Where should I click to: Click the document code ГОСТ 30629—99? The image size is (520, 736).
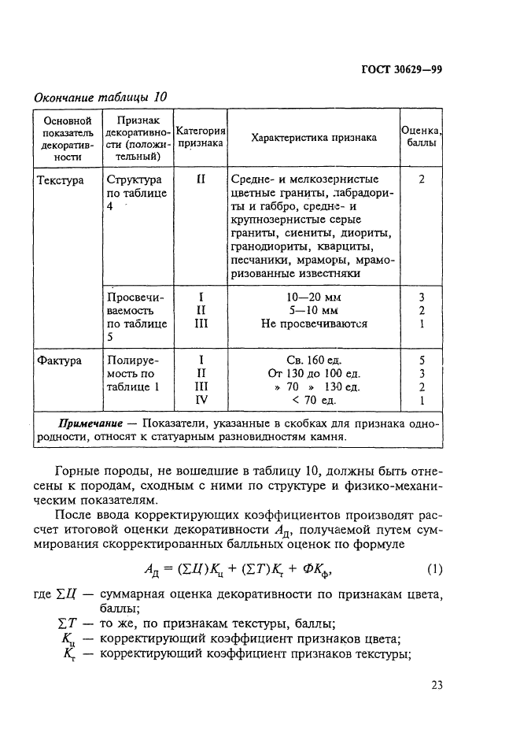tap(401, 69)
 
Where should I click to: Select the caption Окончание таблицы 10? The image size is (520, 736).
tap(100, 98)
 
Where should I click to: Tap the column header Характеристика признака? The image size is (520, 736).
tap(313, 138)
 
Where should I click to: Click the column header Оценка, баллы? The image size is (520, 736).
tap(421, 138)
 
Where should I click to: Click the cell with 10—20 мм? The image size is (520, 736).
tap(314, 298)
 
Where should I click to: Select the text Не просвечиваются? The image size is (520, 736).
tap(314, 324)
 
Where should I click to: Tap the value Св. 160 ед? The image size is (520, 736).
tap(314, 361)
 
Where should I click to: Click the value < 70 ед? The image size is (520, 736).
tap(314, 400)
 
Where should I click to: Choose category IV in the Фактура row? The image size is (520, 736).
tap(201, 400)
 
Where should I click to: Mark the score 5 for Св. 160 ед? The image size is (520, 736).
tap(422, 361)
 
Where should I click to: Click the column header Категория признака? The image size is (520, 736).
tap(201, 138)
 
